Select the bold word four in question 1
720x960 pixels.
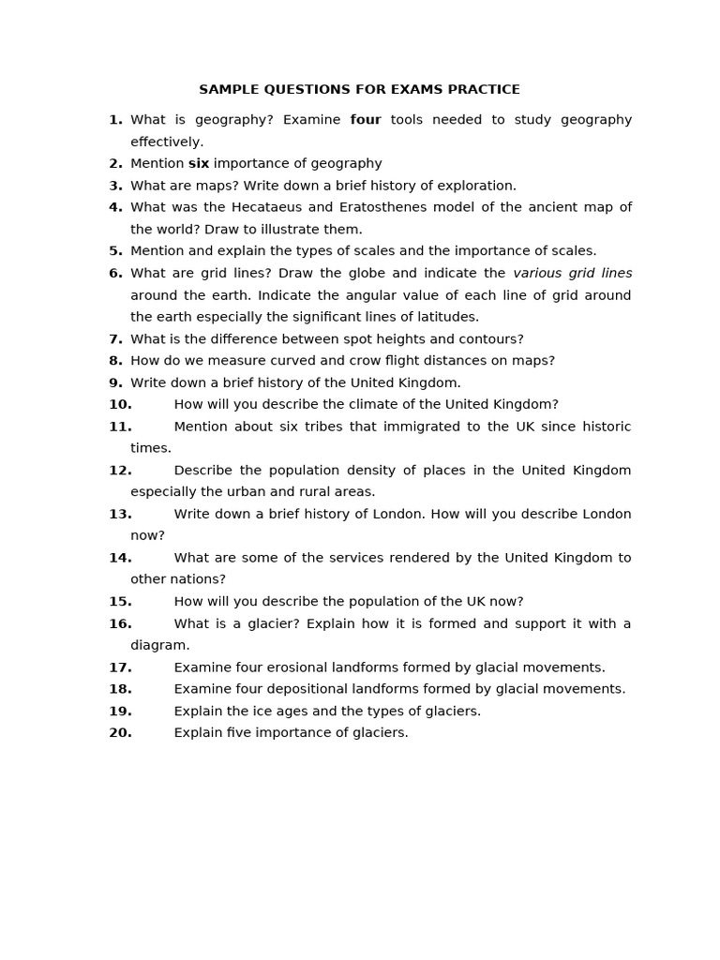[366, 120]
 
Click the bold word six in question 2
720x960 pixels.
[199, 163]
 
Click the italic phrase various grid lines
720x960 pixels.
[572, 273]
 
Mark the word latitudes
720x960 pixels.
[445, 317]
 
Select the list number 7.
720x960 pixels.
[115, 338]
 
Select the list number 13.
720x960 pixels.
[120, 514]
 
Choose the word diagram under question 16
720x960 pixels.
[159, 645]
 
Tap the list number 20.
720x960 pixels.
[120, 732]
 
